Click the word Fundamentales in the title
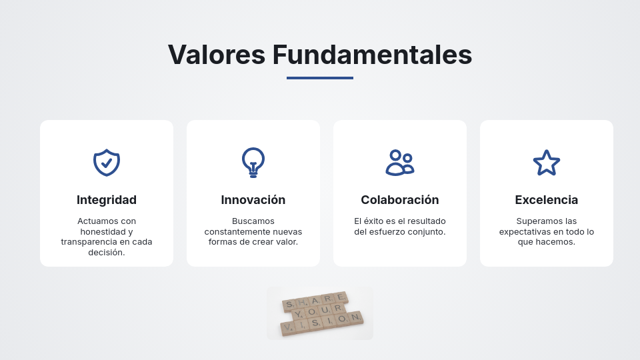click(x=372, y=55)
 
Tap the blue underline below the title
click(x=320, y=78)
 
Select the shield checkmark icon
click(x=107, y=162)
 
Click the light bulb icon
click(x=253, y=162)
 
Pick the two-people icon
click(x=400, y=162)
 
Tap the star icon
click(x=547, y=162)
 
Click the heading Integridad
click(x=107, y=200)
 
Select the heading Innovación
click(x=253, y=200)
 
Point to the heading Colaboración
click(x=400, y=200)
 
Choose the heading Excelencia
click(x=547, y=200)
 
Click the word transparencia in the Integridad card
click(x=91, y=242)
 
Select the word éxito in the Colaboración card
click(x=377, y=221)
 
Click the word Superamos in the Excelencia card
click(x=537, y=221)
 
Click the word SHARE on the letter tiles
click(x=315, y=301)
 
